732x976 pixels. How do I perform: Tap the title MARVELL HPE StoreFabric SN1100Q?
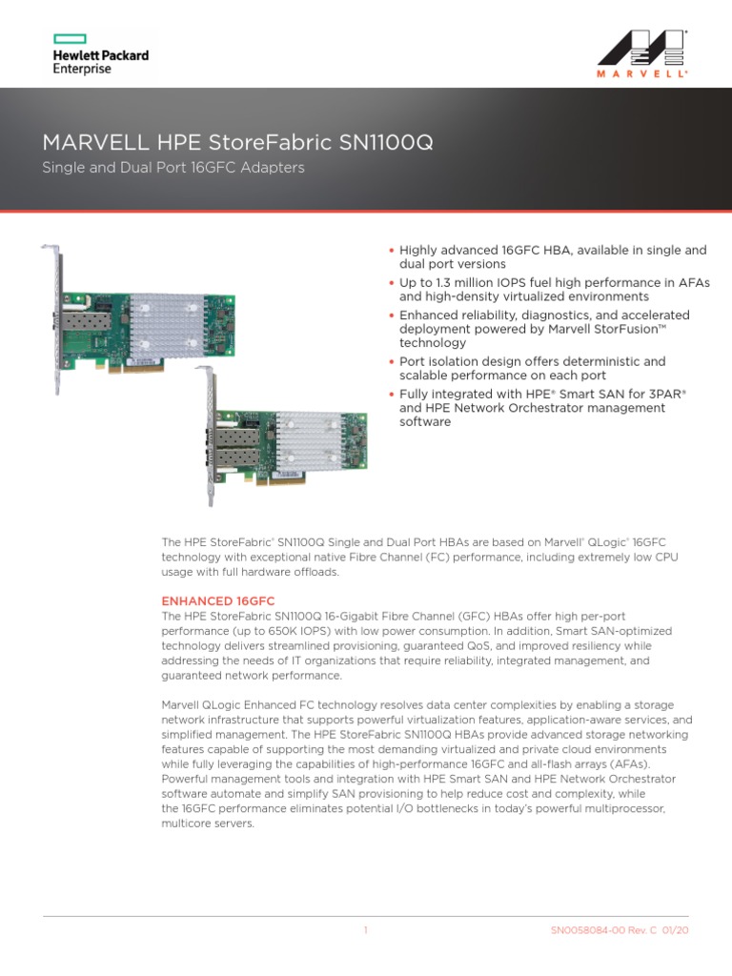(x=237, y=143)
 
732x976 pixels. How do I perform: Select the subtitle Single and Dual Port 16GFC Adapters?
(x=173, y=168)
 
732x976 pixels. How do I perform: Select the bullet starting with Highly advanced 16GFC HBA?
(x=552, y=256)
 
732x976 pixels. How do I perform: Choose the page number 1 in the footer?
(x=365, y=930)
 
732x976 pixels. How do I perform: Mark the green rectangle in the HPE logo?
(x=70, y=39)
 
